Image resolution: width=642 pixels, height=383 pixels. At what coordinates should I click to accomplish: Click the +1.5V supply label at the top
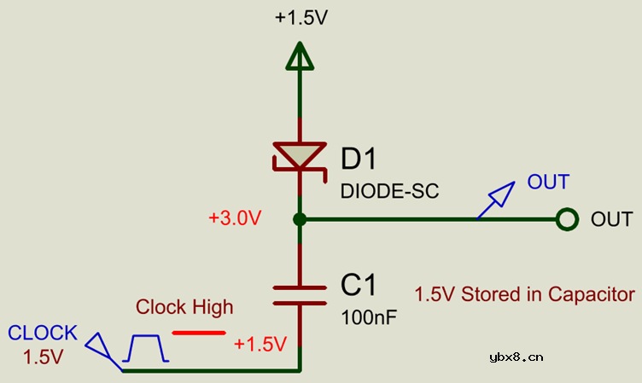click(301, 18)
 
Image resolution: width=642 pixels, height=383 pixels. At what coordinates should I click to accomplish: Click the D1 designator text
click(359, 159)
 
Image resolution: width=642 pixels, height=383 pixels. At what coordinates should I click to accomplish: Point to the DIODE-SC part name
click(389, 191)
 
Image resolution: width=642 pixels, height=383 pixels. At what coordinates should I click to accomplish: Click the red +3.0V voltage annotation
click(235, 218)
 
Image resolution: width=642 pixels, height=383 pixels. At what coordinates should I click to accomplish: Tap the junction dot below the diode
click(300, 220)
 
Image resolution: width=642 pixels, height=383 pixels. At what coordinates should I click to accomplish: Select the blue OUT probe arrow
click(495, 200)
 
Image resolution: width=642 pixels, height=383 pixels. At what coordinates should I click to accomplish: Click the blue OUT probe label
click(548, 182)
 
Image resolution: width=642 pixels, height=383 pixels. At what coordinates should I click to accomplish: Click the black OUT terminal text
click(612, 220)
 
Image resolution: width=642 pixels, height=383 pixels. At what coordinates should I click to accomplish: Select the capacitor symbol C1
click(300, 295)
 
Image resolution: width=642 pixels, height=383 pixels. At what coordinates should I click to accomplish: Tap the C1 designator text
click(359, 285)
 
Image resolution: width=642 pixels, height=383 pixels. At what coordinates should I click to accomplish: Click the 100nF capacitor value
click(369, 317)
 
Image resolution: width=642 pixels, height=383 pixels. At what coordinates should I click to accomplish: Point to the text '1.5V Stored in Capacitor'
click(524, 294)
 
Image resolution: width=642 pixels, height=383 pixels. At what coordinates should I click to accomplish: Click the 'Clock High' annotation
click(184, 307)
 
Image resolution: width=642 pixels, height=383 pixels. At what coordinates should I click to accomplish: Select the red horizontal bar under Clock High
click(199, 333)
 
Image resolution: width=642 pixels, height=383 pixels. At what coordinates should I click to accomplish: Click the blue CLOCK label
click(43, 333)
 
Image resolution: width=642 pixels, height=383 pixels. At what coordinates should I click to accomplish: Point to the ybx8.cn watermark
click(517, 357)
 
